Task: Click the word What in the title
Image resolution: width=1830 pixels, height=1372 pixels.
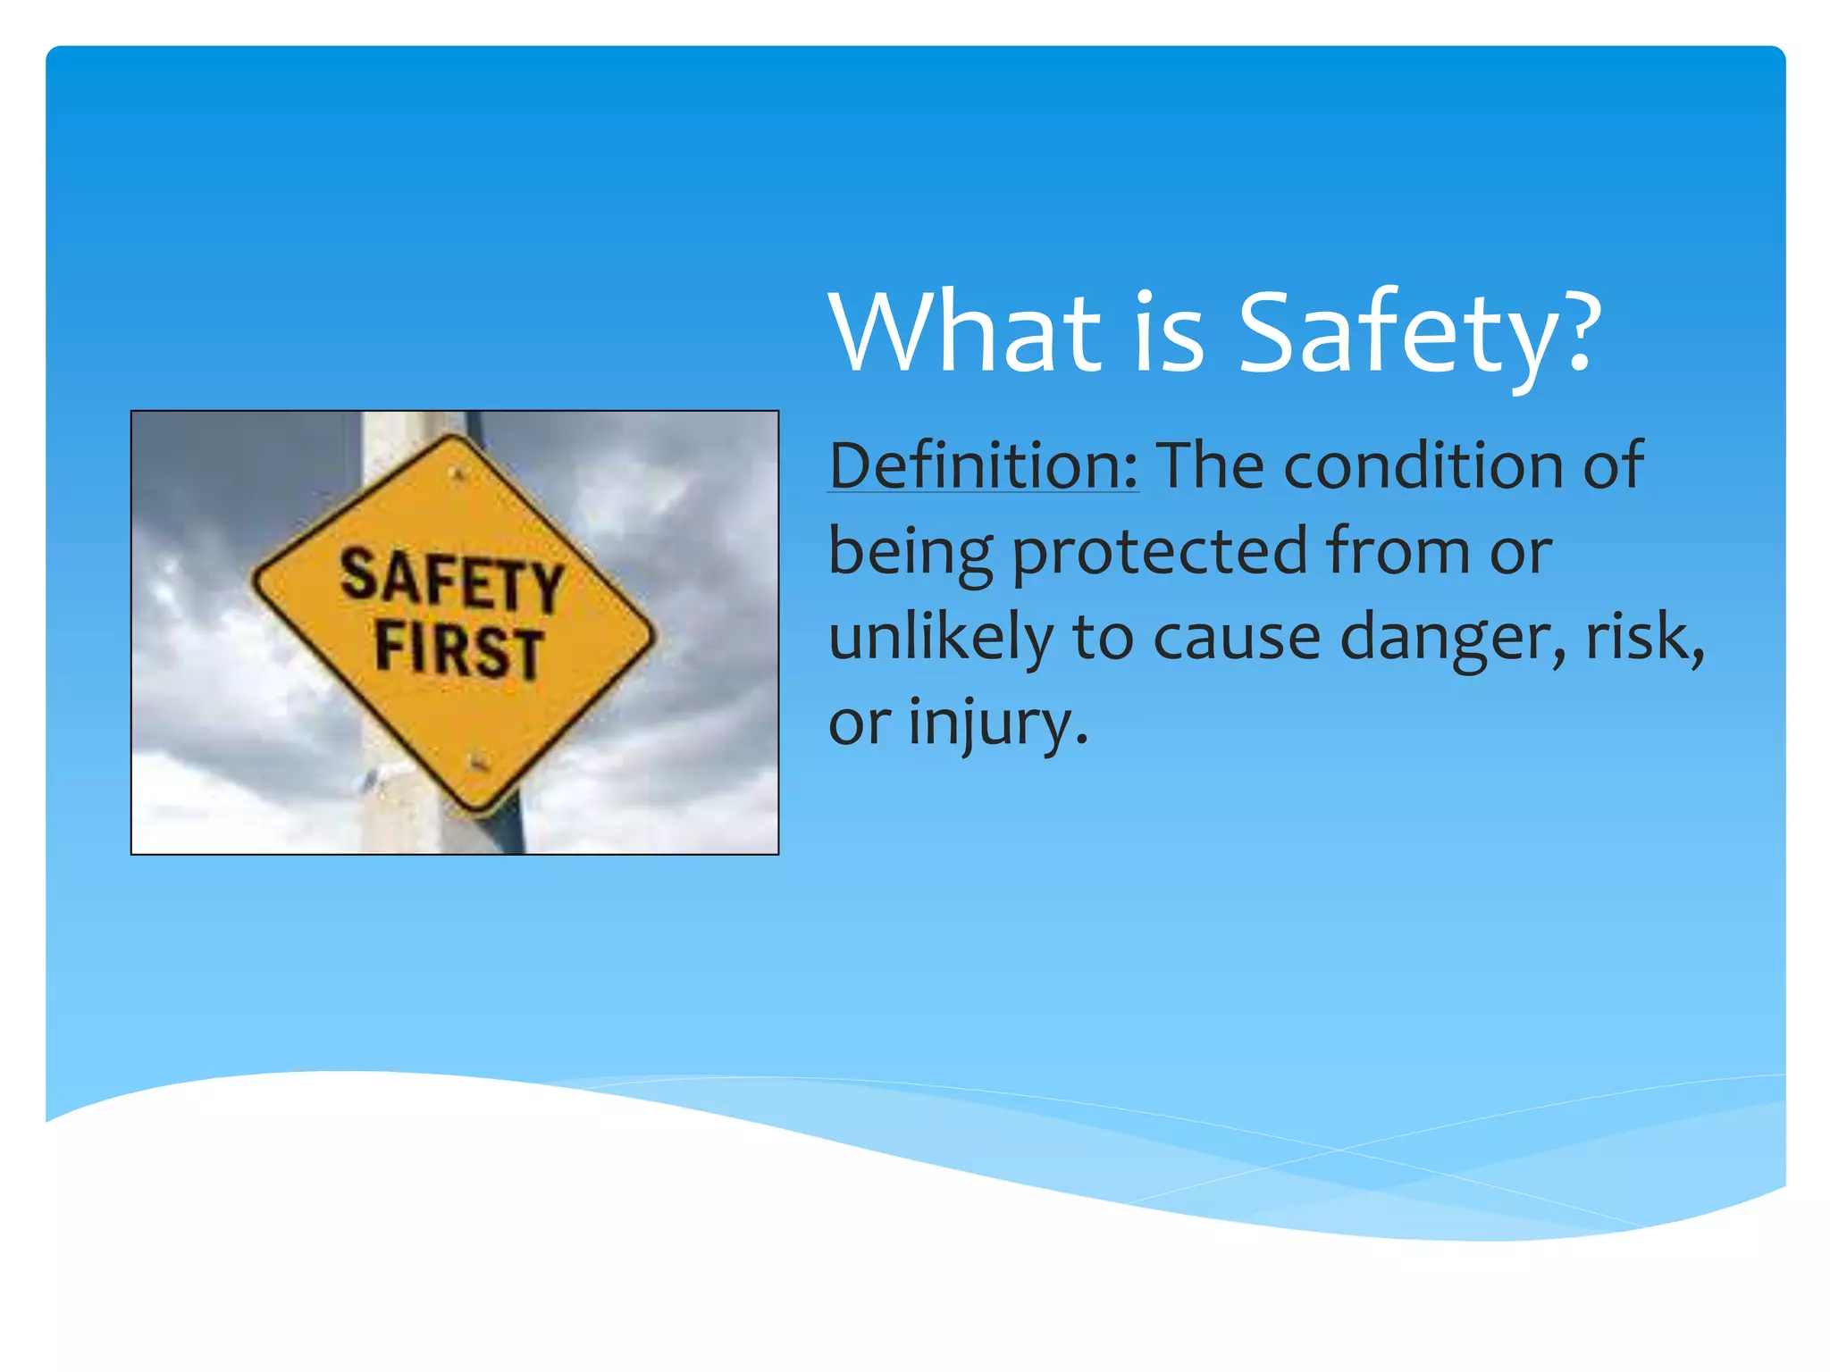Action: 965,332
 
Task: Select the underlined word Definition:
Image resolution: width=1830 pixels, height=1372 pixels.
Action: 983,465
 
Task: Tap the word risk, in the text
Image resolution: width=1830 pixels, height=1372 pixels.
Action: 1644,637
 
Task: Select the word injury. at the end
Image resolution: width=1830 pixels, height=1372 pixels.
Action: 998,723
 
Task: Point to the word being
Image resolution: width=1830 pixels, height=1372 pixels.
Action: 911,551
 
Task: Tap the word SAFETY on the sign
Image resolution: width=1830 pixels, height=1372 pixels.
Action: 451,581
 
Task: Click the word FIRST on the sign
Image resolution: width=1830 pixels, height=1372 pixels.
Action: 458,649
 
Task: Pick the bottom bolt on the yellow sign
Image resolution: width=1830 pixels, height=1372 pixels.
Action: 478,762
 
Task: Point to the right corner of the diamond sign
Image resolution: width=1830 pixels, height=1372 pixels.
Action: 652,637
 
